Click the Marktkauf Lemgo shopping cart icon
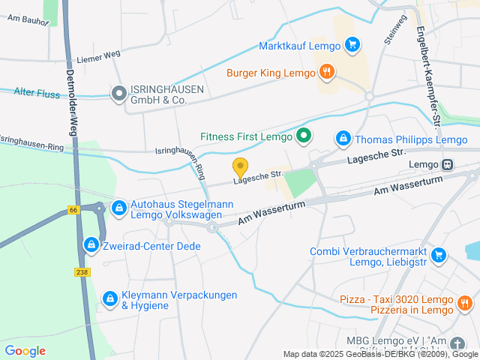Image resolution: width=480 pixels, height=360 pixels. tap(352, 45)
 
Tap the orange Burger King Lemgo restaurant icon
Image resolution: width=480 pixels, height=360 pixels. tap(326, 72)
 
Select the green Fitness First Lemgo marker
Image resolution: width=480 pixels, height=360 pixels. tap(303, 136)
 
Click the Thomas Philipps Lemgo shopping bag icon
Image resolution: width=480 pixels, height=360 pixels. tap(343, 139)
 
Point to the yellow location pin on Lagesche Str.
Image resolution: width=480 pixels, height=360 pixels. tap(240, 167)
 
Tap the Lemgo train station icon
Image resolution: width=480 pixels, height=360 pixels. tap(448, 164)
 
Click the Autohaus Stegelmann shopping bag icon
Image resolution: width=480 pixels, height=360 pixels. tap(118, 207)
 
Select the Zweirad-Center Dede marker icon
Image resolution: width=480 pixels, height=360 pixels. tap(91, 245)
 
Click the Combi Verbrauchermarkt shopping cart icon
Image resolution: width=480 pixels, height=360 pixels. tap(439, 256)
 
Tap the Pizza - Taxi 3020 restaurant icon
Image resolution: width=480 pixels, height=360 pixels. tap(464, 304)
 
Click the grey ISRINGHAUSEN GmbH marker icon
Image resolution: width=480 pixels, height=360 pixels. tap(118, 94)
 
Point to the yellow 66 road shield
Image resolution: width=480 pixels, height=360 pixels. tap(73, 209)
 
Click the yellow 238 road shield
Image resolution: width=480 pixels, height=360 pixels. tap(82, 272)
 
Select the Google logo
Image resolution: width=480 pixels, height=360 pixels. tap(25, 350)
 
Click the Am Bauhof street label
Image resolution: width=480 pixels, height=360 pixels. tap(28, 22)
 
